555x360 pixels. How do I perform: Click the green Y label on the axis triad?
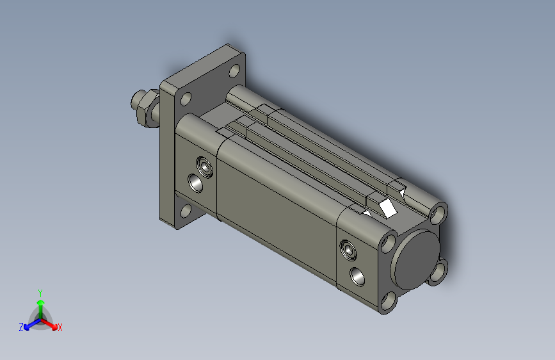click(x=40, y=293)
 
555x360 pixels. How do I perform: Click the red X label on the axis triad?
click(x=60, y=327)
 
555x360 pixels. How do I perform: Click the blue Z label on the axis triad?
click(x=21, y=327)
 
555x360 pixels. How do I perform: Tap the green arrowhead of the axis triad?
click(x=41, y=302)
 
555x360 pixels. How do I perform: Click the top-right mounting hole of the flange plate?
click(x=234, y=70)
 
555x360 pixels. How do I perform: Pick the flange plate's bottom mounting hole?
click(x=186, y=211)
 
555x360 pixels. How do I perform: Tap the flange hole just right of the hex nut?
click(x=186, y=99)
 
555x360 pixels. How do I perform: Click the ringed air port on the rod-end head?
click(x=205, y=167)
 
